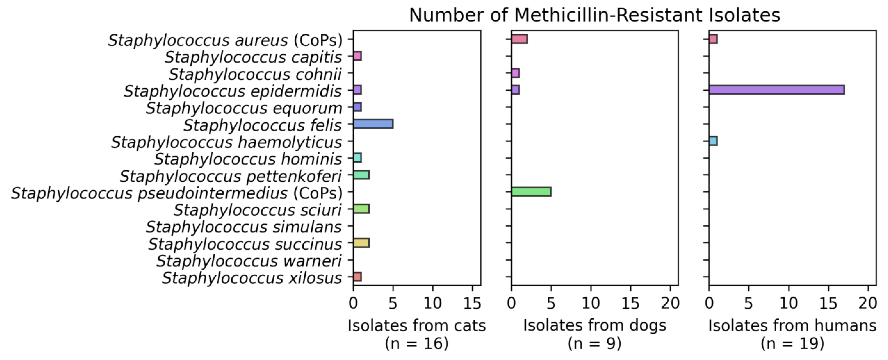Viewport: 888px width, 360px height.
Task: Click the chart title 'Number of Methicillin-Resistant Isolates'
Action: [594, 15]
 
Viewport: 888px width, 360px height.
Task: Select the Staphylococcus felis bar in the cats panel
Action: [373, 124]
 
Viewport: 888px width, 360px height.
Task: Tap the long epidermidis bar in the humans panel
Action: [776, 90]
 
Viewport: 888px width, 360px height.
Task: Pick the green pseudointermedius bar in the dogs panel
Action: [531, 192]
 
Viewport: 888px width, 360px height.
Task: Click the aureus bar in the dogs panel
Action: [519, 39]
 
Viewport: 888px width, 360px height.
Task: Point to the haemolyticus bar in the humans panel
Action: [713, 141]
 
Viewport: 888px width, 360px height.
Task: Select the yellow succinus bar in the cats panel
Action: [361, 243]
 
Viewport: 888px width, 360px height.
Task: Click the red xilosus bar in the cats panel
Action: [357, 277]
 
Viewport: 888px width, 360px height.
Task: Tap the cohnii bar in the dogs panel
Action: [515, 73]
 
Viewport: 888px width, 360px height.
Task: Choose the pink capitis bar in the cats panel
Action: [357, 56]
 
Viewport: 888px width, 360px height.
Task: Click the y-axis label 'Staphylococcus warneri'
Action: [249, 261]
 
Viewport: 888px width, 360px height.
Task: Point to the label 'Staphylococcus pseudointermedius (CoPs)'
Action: [176, 194]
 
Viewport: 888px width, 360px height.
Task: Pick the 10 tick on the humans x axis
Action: [788, 303]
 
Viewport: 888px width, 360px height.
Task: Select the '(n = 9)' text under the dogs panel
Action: [594, 343]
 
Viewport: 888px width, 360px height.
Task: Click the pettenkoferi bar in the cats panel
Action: [361, 175]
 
